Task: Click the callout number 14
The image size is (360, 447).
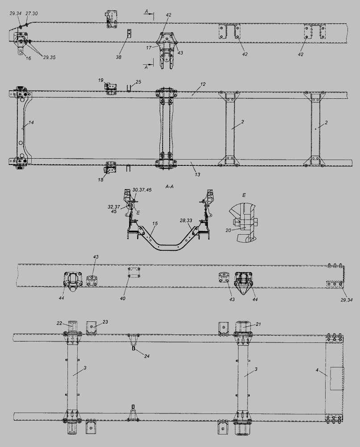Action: coord(31,122)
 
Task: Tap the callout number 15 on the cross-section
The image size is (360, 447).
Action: coord(155,224)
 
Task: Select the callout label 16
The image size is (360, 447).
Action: coord(28,58)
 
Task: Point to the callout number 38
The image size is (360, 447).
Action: coord(118,57)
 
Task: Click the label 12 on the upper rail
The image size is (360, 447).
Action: coord(202,84)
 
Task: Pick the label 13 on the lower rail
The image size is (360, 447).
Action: coord(197,174)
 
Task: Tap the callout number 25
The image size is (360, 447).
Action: coord(138,82)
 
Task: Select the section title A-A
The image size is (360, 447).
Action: coord(169,187)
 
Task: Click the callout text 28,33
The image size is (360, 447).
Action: coord(186,220)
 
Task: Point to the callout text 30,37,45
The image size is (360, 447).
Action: coord(142,190)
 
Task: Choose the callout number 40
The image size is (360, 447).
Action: coord(122,299)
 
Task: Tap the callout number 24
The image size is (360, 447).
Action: coord(147,356)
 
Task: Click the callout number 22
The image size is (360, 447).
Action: coord(59,323)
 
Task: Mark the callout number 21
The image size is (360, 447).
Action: coord(258,324)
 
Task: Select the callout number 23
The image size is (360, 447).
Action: coord(105,322)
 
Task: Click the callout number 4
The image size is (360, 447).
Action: coord(317,370)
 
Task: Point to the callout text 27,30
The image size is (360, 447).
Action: coord(32,13)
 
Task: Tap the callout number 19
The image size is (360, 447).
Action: coord(100,80)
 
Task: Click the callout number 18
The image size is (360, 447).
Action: coord(100,180)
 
